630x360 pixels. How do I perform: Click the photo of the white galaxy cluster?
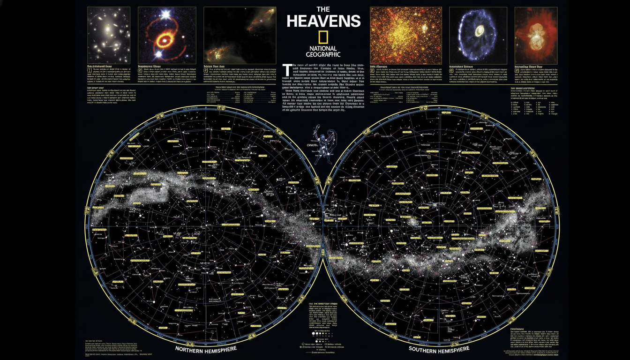pos(108,35)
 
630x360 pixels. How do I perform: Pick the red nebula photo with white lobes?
pos(536,35)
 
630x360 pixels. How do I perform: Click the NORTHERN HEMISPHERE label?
pos(206,350)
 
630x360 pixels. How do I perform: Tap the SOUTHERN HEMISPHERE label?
pos(438,350)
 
